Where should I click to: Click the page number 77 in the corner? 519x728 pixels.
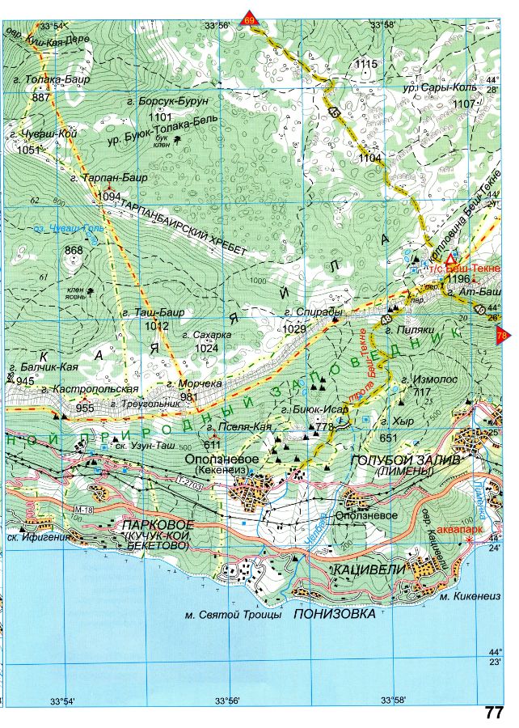[495, 713]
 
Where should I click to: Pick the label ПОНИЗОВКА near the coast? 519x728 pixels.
[335, 614]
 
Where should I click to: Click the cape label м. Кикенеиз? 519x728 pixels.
[467, 598]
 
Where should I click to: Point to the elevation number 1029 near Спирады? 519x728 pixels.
[294, 330]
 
